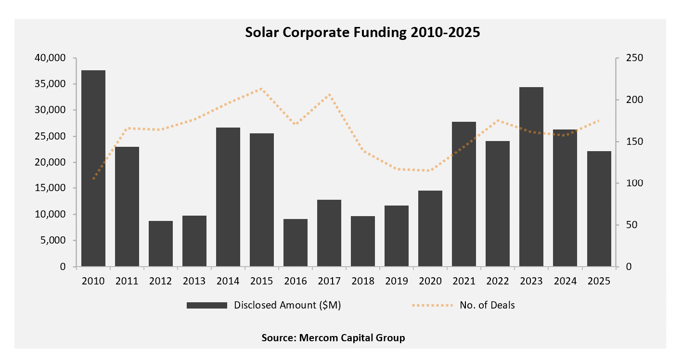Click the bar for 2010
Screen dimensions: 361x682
click(93, 168)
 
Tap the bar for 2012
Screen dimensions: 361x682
click(161, 244)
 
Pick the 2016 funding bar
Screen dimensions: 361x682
click(296, 243)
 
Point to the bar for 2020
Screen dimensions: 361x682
click(430, 229)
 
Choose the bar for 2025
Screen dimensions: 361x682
click(599, 209)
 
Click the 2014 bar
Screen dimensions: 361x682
click(228, 197)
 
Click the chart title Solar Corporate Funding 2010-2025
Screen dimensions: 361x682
click(363, 32)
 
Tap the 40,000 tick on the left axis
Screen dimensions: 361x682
click(50, 58)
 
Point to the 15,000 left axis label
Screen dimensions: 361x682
click(50, 188)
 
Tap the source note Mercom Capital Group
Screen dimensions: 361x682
click(334, 338)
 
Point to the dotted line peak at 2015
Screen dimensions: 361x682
click(261, 89)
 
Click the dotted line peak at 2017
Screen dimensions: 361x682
click(329, 94)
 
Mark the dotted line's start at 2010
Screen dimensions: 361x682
click(93, 179)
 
